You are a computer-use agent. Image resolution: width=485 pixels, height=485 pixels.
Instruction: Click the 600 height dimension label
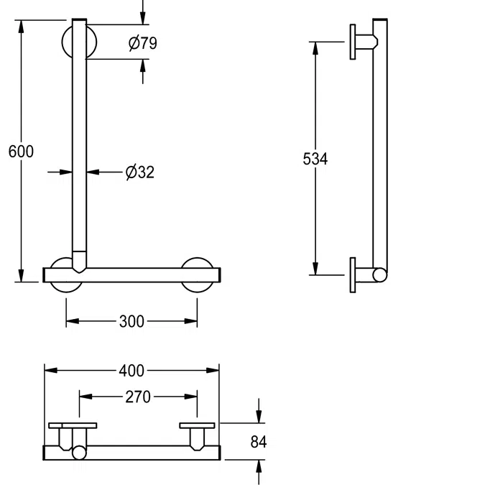click(x=21, y=152)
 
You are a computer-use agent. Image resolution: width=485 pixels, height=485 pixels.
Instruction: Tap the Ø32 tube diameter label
click(x=139, y=172)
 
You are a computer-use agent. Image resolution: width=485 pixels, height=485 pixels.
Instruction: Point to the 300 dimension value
click(x=131, y=321)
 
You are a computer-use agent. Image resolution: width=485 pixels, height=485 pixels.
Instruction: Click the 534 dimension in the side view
click(x=315, y=159)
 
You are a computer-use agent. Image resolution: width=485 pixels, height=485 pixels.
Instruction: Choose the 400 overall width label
click(x=131, y=371)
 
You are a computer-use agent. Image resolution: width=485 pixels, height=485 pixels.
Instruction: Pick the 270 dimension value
click(x=138, y=396)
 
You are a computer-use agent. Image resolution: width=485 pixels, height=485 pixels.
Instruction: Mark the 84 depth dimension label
click(x=259, y=442)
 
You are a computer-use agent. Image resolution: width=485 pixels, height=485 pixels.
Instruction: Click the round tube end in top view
click(x=78, y=453)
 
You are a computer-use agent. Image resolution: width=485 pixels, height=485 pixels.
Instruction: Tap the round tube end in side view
click(x=381, y=274)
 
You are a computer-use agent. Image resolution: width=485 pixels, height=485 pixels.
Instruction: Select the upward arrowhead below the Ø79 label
click(x=143, y=65)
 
